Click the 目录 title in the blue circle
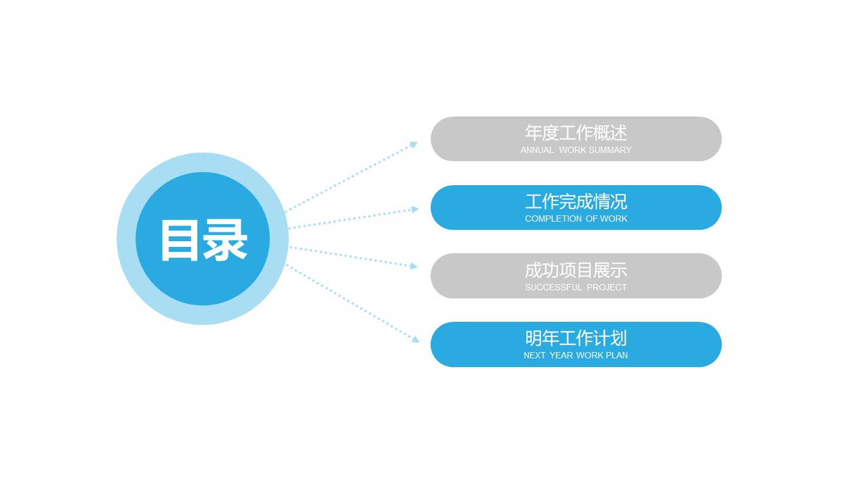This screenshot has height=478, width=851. pyautogui.click(x=203, y=240)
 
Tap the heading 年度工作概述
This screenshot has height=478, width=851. pyautogui.click(x=576, y=133)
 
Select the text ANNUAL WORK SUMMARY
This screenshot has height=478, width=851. pyautogui.click(x=576, y=151)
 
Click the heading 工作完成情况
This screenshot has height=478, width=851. pyautogui.click(x=576, y=202)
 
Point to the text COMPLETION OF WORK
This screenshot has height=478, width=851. pyautogui.click(x=576, y=219)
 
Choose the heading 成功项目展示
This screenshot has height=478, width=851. pyautogui.click(x=576, y=270)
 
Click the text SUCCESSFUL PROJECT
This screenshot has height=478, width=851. pyautogui.click(x=576, y=288)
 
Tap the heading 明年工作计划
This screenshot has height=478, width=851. pyautogui.click(x=576, y=338)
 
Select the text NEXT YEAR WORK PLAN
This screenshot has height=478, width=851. pyautogui.click(x=576, y=356)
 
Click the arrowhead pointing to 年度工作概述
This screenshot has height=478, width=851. pyautogui.click(x=414, y=144)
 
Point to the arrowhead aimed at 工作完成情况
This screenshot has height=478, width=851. pyautogui.click(x=415, y=209)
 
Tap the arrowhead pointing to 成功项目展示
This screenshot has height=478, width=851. pyautogui.click(x=414, y=266)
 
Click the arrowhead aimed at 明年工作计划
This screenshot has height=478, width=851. pyautogui.click(x=415, y=339)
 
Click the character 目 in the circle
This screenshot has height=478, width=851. pyautogui.click(x=180, y=240)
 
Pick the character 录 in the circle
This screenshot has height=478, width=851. pyautogui.click(x=225, y=240)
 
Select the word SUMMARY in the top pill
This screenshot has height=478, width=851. pyautogui.click(x=610, y=151)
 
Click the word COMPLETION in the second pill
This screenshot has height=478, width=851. pyautogui.click(x=553, y=219)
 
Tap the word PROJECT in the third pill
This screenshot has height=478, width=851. pyautogui.click(x=606, y=288)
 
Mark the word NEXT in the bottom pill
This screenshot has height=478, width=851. pyautogui.click(x=535, y=356)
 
